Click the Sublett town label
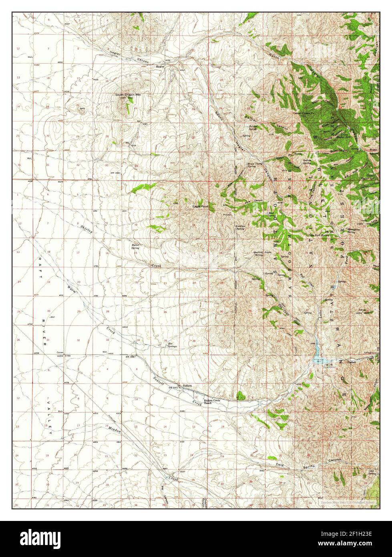(x=187, y=385)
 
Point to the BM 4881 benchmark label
(x=115, y=173)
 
